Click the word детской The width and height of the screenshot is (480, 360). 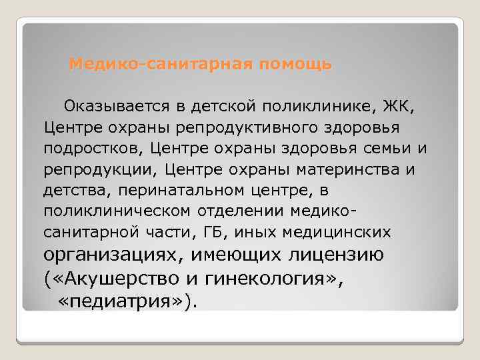[222, 105]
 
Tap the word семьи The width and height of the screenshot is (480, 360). [374, 148]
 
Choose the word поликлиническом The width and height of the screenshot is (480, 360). [116, 211]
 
